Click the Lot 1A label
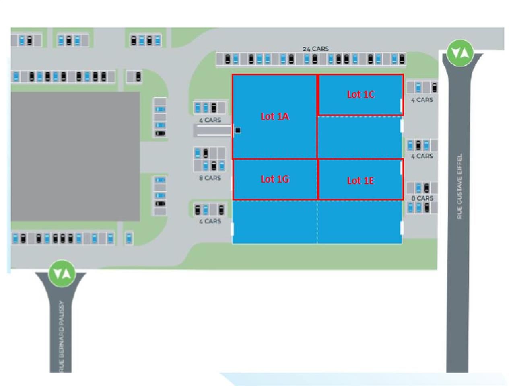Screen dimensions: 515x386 275,117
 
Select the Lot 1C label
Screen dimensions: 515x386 361,94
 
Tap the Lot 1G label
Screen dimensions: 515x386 275,179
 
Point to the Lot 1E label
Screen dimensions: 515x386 360,181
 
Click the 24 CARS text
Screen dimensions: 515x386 315,49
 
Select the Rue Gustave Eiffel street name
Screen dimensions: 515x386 459,186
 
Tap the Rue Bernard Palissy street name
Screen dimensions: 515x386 62,336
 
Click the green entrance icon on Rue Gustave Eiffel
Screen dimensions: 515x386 459,53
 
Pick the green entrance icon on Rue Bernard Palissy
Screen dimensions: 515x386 62,273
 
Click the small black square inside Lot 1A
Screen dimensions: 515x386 238,130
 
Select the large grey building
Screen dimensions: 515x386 75,156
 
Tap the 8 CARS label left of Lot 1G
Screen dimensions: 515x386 210,178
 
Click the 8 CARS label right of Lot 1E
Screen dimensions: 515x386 422,198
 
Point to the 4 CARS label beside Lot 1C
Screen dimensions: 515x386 422,100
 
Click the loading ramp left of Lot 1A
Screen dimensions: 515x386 212,130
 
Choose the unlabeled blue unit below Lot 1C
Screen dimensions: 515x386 359,137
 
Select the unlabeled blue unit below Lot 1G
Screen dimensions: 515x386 275,222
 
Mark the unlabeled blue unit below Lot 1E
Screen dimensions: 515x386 359,222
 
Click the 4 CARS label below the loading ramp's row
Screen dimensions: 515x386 210,221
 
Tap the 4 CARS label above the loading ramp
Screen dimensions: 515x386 210,120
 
